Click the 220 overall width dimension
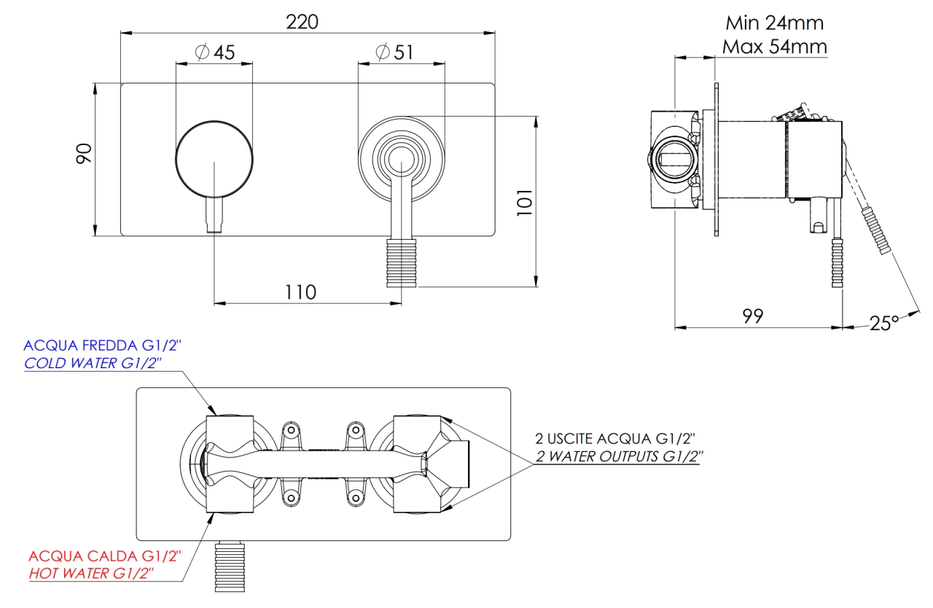click(302, 22)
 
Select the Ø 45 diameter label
click(215, 52)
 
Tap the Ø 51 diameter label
click(394, 52)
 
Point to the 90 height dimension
click(84, 153)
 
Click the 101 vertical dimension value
click(524, 203)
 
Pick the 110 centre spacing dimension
click(300, 292)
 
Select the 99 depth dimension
click(753, 316)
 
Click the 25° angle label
click(884, 323)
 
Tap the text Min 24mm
click(774, 23)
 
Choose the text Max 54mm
click(774, 47)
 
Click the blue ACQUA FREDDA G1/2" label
click(103, 346)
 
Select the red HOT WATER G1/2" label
click(91, 574)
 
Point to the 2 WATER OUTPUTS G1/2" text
click(619, 456)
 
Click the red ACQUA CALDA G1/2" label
click(105, 556)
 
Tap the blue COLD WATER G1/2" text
click(93, 363)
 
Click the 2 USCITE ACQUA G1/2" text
click(615, 439)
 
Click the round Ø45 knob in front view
click(214, 160)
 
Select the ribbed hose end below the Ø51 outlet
click(401, 262)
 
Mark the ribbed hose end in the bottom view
click(230, 566)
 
